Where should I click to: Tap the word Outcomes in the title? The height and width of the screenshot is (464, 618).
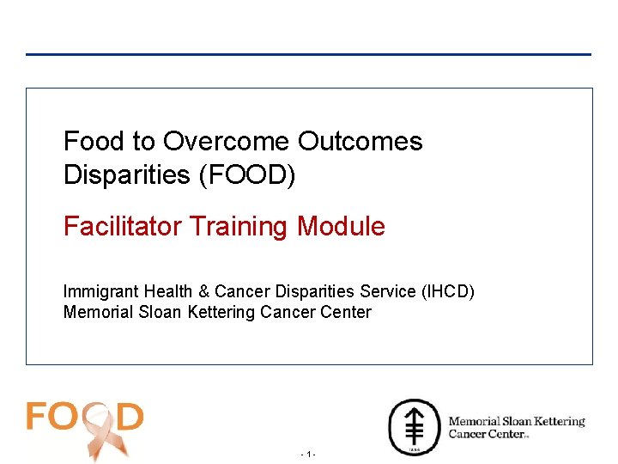pos(360,141)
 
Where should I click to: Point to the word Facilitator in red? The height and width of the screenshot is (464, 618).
pos(123,227)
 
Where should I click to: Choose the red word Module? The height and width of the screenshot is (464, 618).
pos(341,227)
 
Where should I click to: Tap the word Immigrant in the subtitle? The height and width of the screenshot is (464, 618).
pos(100,292)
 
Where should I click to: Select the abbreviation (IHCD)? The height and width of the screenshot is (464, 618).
pos(447,292)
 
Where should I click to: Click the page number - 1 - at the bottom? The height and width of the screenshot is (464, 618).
pos(309,454)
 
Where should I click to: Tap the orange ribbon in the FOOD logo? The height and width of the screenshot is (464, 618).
pos(96,430)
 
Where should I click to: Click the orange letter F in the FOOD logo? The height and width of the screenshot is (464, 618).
pos(39,417)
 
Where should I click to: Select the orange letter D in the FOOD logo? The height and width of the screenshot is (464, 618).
pos(128,417)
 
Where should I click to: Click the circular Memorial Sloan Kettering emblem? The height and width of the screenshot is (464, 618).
pos(415,426)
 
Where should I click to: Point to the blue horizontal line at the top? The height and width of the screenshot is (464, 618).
pos(309,54)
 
